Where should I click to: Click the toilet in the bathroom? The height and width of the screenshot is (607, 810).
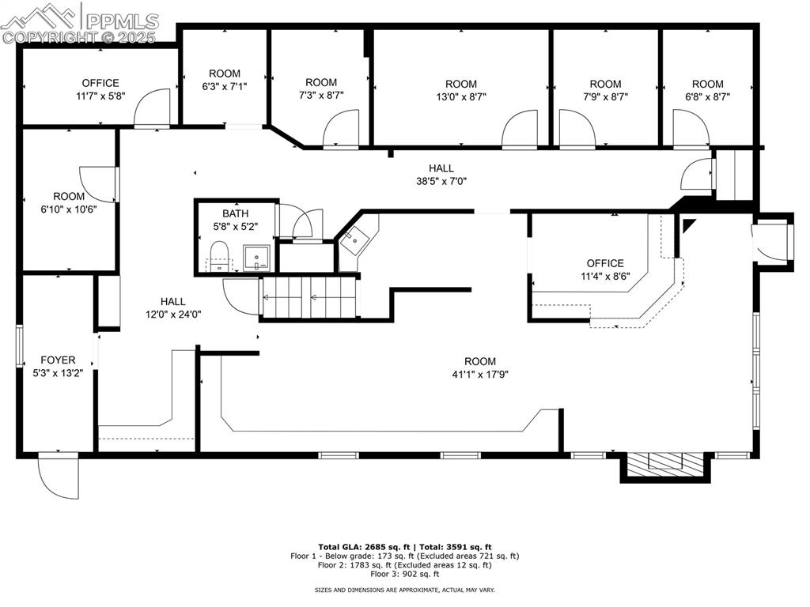point(218,256)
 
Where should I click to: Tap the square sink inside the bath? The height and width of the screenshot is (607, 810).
point(256,258)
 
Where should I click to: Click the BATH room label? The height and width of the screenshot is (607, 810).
point(235,213)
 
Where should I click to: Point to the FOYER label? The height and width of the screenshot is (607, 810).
point(58,360)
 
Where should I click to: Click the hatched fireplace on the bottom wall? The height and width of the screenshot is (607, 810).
point(664,466)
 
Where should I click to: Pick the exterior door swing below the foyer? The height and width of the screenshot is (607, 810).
point(59,477)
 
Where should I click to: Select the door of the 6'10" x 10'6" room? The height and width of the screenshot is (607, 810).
point(98,183)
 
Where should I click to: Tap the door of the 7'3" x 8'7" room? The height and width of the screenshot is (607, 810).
point(341,129)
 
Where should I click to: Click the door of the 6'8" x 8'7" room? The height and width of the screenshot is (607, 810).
point(691,128)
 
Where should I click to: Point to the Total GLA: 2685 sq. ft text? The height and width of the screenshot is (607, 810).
point(361,547)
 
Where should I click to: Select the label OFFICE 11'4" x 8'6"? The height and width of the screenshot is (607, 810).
point(605,270)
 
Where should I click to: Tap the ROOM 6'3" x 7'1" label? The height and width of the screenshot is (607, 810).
point(225,80)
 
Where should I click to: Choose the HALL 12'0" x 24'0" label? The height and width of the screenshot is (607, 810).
point(172,307)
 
